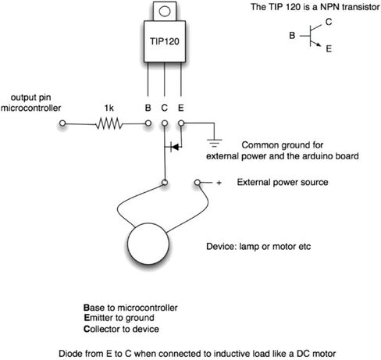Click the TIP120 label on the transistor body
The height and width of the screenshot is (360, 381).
pyautogui.click(x=165, y=41)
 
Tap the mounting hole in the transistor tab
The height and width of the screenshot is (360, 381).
pyautogui.click(x=165, y=11)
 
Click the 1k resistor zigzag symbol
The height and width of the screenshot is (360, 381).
pyautogui.click(x=109, y=123)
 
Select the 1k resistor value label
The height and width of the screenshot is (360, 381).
pyautogui.click(x=109, y=108)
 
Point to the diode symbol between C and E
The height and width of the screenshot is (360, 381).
pyautogui.click(x=175, y=147)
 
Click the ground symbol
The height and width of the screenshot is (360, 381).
pyautogui.click(x=214, y=143)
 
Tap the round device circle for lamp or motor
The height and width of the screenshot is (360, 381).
pyautogui.click(x=148, y=244)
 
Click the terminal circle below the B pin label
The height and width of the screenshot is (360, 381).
pyautogui.click(x=148, y=123)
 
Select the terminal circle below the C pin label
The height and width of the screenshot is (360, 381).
pyautogui.click(x=165, y=123)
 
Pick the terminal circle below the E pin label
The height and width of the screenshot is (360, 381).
pyautogui.click(x=181, y=123)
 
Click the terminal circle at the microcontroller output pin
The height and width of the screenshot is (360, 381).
pyautogui.click(x=62, y=123)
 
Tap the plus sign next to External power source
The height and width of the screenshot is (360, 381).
pyautogui.click(x=219, y=183)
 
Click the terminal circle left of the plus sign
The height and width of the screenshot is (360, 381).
pyautogui.click(x=198, y=183)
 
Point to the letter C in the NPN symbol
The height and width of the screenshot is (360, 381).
pyautogui.click(x=329, y=22)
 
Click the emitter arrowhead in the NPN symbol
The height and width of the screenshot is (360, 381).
pyautogui.click(x=319, y=45)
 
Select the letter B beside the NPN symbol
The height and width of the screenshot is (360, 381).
pyautogui.click(x=292, y=35)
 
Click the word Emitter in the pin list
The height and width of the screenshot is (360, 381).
pyautogui.click(x=101, y=318)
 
